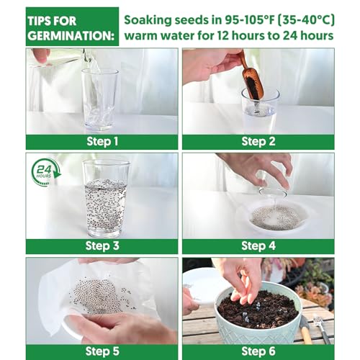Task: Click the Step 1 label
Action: pyautogui.click(x=102, y=141)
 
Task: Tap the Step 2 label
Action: pyautogui.click(x=258, y=141)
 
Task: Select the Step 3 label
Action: pyautogui.click(x=102, y=246)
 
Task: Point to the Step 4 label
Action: pyautogui.click(x=258, y=246)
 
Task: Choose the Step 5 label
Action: pyautogui.click(x=102, y=351)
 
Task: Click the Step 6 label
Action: pyautogui.click(x=258, y=351)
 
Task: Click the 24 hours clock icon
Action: pyautogui.click(x=45, y=173)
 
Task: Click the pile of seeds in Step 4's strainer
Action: pyautogui.click(x=274, y=216)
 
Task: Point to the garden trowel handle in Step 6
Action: pyautogui.click(x=306, y=331)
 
